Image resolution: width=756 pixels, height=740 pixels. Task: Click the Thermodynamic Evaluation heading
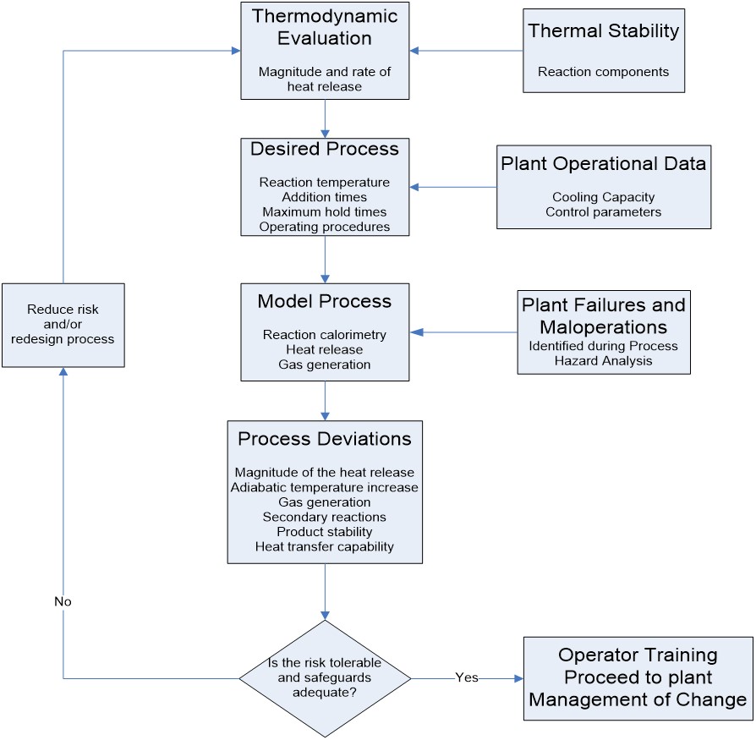(326, 26)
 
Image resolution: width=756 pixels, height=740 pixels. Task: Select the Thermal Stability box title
(603, 32)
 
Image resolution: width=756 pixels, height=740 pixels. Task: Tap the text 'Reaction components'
(603, 72)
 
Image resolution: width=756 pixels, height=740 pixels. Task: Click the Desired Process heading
(325, 149)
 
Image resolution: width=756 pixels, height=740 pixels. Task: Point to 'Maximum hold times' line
(325, 211)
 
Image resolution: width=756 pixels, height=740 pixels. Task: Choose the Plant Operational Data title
(603, 162)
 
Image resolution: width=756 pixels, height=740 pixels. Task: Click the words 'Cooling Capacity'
(603, 197)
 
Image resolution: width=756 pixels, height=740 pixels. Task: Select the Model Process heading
(325, 302)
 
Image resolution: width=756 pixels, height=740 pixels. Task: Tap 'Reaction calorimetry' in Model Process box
(325, 335)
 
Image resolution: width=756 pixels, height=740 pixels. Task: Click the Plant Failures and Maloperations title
(604, 315)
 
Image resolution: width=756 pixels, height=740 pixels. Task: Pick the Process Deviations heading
(325, 439)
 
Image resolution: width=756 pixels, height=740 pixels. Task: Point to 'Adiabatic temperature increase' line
(325, 487)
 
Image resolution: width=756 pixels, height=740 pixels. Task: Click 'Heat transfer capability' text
(325, 546)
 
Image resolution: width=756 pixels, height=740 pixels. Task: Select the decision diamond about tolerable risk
(325, 678)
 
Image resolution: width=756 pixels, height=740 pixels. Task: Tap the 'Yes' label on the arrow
(467, 678)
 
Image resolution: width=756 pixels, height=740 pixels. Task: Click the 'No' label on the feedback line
(63, 602)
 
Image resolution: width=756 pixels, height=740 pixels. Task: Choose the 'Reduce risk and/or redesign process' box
(63, 325)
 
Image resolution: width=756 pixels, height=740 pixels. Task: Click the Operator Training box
(638, 677)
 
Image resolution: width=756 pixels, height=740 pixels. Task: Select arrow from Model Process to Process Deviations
(325, 399)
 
